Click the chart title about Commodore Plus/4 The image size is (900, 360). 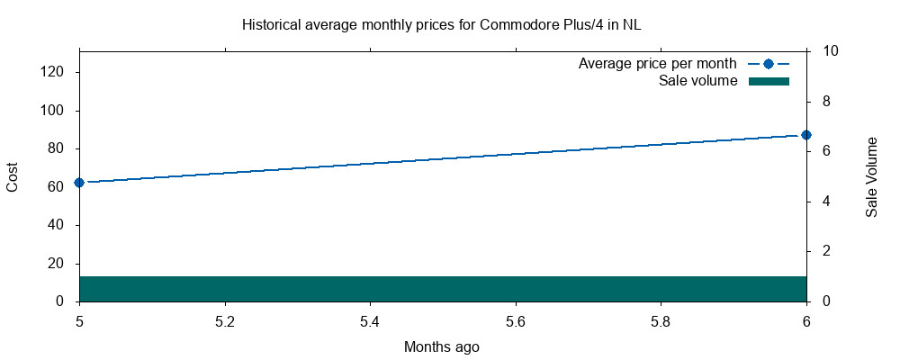pos(441,24)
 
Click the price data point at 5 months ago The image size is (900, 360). pos(79,182)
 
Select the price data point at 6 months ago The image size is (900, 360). pos(806,135)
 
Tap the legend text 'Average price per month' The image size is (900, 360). pos(657,64)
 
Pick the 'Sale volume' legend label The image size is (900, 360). pos(697,81)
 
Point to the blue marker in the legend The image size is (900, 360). pos(768,64)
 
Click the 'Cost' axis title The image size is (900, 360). pos(13,176)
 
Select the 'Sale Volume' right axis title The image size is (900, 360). pos(871,176)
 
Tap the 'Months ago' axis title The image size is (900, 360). pos(441,346)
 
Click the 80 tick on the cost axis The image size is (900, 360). pos(55,148)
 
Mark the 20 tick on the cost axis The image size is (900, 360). pos(55,263)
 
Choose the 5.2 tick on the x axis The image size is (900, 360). pos(225,320)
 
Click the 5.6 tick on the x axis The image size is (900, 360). pos(516,320)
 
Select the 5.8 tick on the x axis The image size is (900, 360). pos(661,320)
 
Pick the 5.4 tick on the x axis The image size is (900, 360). pos(370,320)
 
